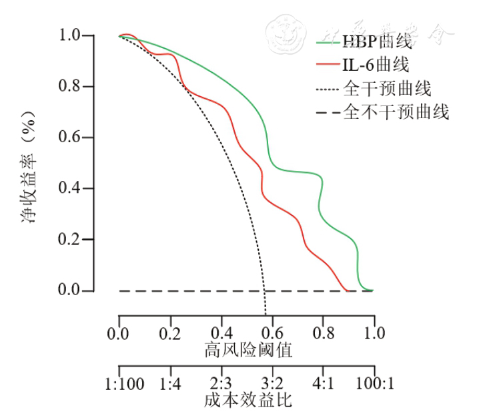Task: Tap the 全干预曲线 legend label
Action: [x=387, y=88]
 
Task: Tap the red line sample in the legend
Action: [x=327, y=65]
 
